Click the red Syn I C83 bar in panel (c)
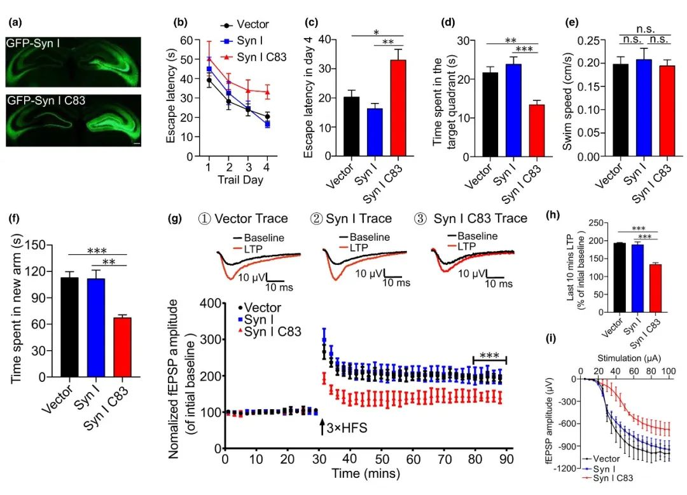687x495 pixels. point(398,108)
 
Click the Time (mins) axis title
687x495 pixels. point(364,473)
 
